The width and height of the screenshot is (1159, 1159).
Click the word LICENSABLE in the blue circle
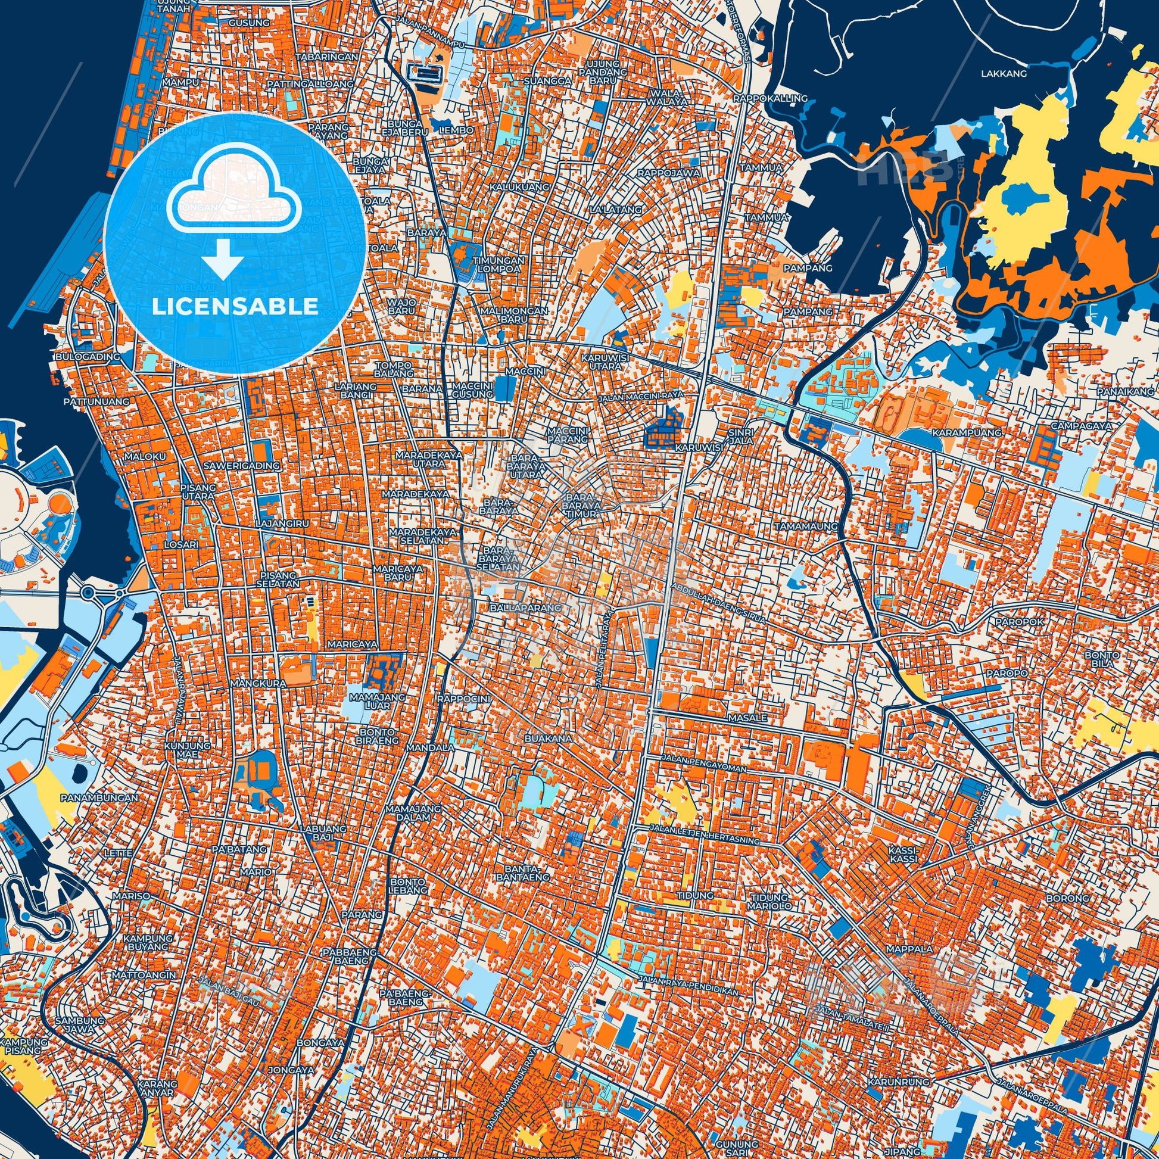point(235,307)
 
